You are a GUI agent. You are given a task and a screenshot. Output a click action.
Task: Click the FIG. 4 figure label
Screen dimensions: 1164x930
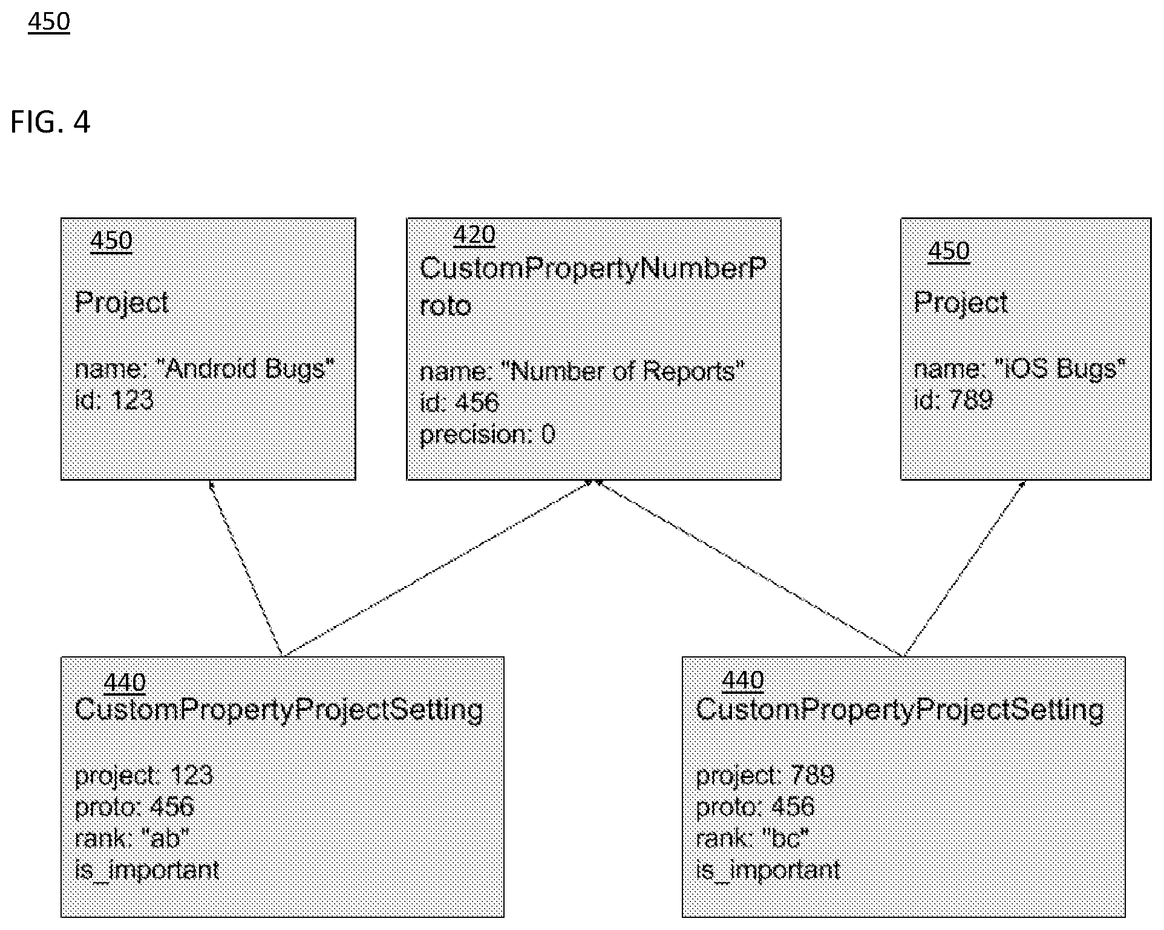tap(50, 122)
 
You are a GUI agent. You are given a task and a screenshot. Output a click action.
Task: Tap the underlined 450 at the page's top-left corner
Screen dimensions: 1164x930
tap(49, 22)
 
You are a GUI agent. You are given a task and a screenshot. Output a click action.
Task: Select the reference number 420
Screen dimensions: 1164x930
tap(474, 235)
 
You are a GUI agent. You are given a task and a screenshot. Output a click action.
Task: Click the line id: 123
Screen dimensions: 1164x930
tap(114, 400)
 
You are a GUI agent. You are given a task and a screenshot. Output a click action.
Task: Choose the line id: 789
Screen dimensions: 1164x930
tap(953, 400)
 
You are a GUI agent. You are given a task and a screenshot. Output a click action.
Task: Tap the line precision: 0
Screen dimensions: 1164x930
tap(488, 435)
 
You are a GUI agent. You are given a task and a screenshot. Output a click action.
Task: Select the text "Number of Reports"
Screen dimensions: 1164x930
tap(627, 371)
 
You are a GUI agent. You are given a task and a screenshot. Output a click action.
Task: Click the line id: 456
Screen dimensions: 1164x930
tap(459, 402)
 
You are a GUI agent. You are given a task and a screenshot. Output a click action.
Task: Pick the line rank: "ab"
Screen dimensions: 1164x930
tap(132, 838)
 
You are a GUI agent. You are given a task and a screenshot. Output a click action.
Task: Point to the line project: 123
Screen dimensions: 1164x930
tap(144, 775)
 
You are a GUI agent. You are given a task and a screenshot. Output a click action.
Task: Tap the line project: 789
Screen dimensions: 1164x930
tap(765, 775)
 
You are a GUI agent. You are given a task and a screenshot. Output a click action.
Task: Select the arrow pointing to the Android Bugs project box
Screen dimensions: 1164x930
tap(246, 568)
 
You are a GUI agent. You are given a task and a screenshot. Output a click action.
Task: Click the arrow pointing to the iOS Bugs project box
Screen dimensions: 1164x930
tap(964, 568)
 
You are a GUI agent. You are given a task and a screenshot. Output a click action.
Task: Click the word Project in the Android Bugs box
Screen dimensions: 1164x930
tap(122, 302)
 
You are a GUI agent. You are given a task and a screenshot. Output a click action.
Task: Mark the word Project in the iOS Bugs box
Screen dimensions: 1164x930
tap(961, 302)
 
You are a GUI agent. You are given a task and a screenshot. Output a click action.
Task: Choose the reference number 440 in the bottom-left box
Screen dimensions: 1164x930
tap(125, 683)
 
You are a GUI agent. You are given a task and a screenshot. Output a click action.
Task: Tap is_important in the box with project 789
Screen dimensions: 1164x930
tap(768, 870)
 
